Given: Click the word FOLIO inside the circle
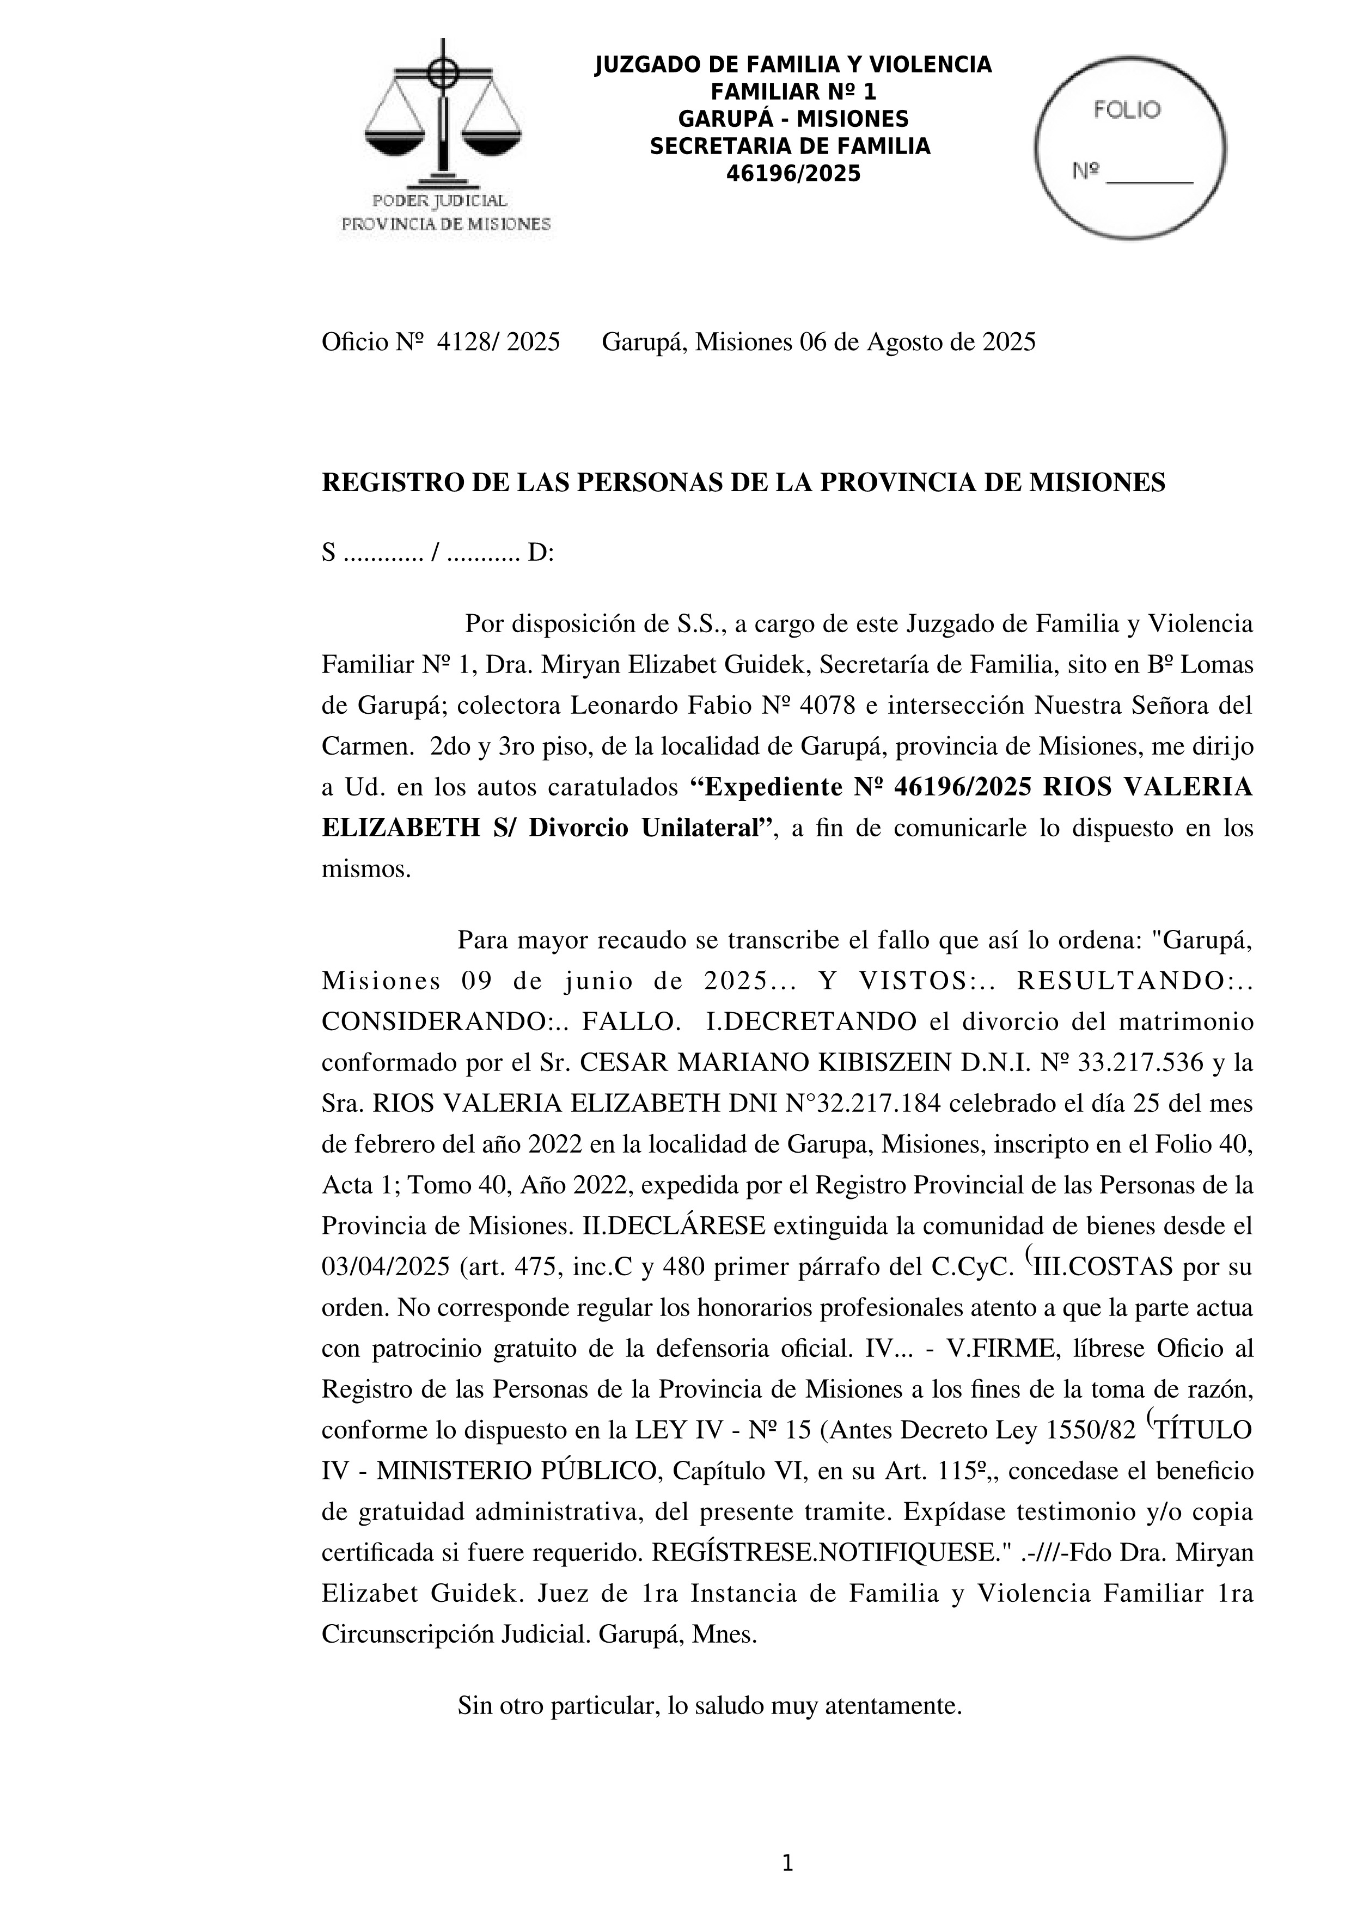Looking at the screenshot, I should pyautogui.click(x=1127, y=110).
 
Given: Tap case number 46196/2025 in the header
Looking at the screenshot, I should pyautogui.click(x=793, y=174).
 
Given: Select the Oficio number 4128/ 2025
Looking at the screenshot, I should pyautogui.click(x=498, y=342).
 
